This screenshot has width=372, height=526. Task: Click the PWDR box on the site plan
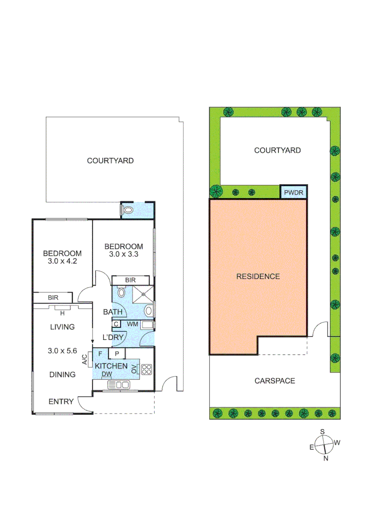pyautogui.click(x=294, y=192)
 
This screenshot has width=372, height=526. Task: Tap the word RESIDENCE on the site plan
pyautogui.click(x=258, y=276)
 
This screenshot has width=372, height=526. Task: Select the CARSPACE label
pyautogui.click(x=274, y=380)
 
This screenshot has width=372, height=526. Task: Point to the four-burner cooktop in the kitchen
pyautogui.click(x=147, y=370)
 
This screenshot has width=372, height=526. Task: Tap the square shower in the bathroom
pyautogui.click(x=143, y=293)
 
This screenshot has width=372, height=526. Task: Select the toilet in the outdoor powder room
pyautogui.click(x=128, y=210)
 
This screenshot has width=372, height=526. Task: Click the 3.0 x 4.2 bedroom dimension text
pyautogui.click(x=62, y=261)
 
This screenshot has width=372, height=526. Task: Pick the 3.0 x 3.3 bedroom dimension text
pyautogui.click(x=124, y=254)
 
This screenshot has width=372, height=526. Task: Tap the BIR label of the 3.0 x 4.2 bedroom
pyautogui.click(x=53, y=297)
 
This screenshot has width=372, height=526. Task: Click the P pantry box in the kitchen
pyautogui.click(x=117, y=354)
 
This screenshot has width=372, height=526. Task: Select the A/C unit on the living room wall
pyautogui.click(x=90, y=359)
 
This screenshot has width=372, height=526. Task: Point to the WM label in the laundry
pyautogui.click(x=133, y=323)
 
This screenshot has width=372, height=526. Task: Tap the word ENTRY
pyautogui.click(x=61, y=401)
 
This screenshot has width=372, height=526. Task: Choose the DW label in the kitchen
pyautogui.click(x=107, y=374)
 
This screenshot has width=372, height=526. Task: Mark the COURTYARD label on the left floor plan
pyautogui.click(x=110, y=160)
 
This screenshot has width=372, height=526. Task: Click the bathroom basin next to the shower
pyautogui.click(x=121, y=293)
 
